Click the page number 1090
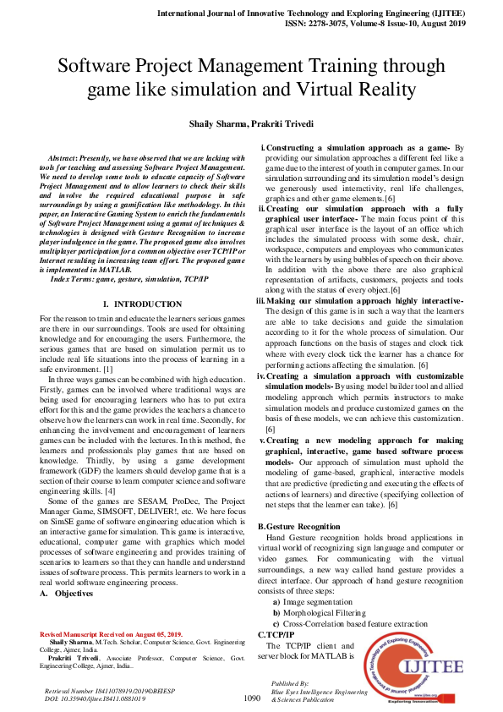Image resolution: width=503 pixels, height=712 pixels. [251, 698]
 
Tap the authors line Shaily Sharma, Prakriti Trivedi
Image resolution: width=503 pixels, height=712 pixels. [251, 124]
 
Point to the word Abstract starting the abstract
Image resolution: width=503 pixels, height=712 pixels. [65, 158]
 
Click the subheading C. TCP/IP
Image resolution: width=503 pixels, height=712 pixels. [276, 634]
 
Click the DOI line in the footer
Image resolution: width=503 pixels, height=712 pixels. [95, 699]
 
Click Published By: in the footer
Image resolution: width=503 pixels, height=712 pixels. [291, 682]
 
